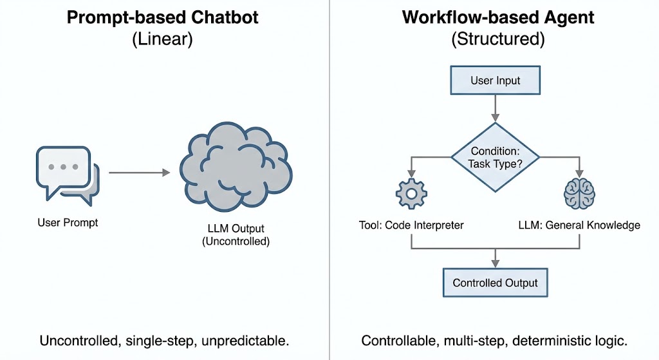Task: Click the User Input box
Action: tap(495, 80)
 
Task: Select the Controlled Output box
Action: tap(495, 283)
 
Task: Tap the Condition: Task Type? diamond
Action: tap(495, 157)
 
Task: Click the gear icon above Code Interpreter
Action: tap(411, 193)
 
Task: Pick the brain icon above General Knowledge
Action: tap(579, 193)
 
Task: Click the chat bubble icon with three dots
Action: tap(68, 176)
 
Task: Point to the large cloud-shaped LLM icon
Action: tap(236, 167)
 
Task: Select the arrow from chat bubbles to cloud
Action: tap(140, 173)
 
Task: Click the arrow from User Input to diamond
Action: tap(495, 108)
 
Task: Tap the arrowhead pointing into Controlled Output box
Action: tap(495, 263)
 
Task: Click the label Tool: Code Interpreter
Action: tap(411, 225)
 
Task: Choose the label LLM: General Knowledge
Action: tap(579, 225)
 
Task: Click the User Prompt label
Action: tap(68, 222)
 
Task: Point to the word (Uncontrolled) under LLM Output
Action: tap(236, 242)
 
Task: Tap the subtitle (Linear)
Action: tap(162, 39)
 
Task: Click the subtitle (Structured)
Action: tap(498, 39)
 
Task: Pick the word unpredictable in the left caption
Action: tap(245, 341)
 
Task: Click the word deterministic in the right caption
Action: tap(552, 341)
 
